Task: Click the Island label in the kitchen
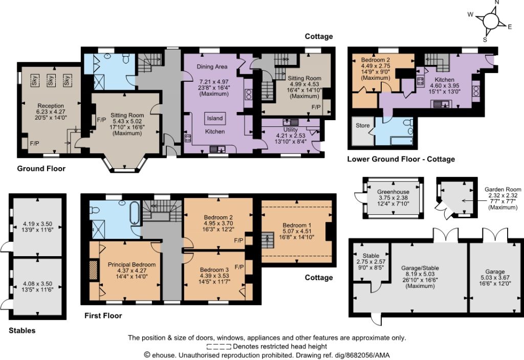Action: coord(214,118)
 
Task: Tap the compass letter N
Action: coord(496,3)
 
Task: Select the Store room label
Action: coord(363,126)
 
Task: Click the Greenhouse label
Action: coord(393,192)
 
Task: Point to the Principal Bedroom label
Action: coord(132,264)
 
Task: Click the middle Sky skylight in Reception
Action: coord(51,80)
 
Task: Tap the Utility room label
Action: coord(291,129)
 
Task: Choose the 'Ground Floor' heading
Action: coord(41,169)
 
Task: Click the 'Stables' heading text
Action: coord(22,331)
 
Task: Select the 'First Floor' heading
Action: coord(103,316)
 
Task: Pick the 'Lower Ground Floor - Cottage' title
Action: coord(401,159)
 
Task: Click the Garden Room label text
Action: coord(503,189)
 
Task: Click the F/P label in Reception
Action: coord(34,144)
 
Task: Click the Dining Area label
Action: coord(212,66)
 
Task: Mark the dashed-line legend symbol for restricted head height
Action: coord(219,346)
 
